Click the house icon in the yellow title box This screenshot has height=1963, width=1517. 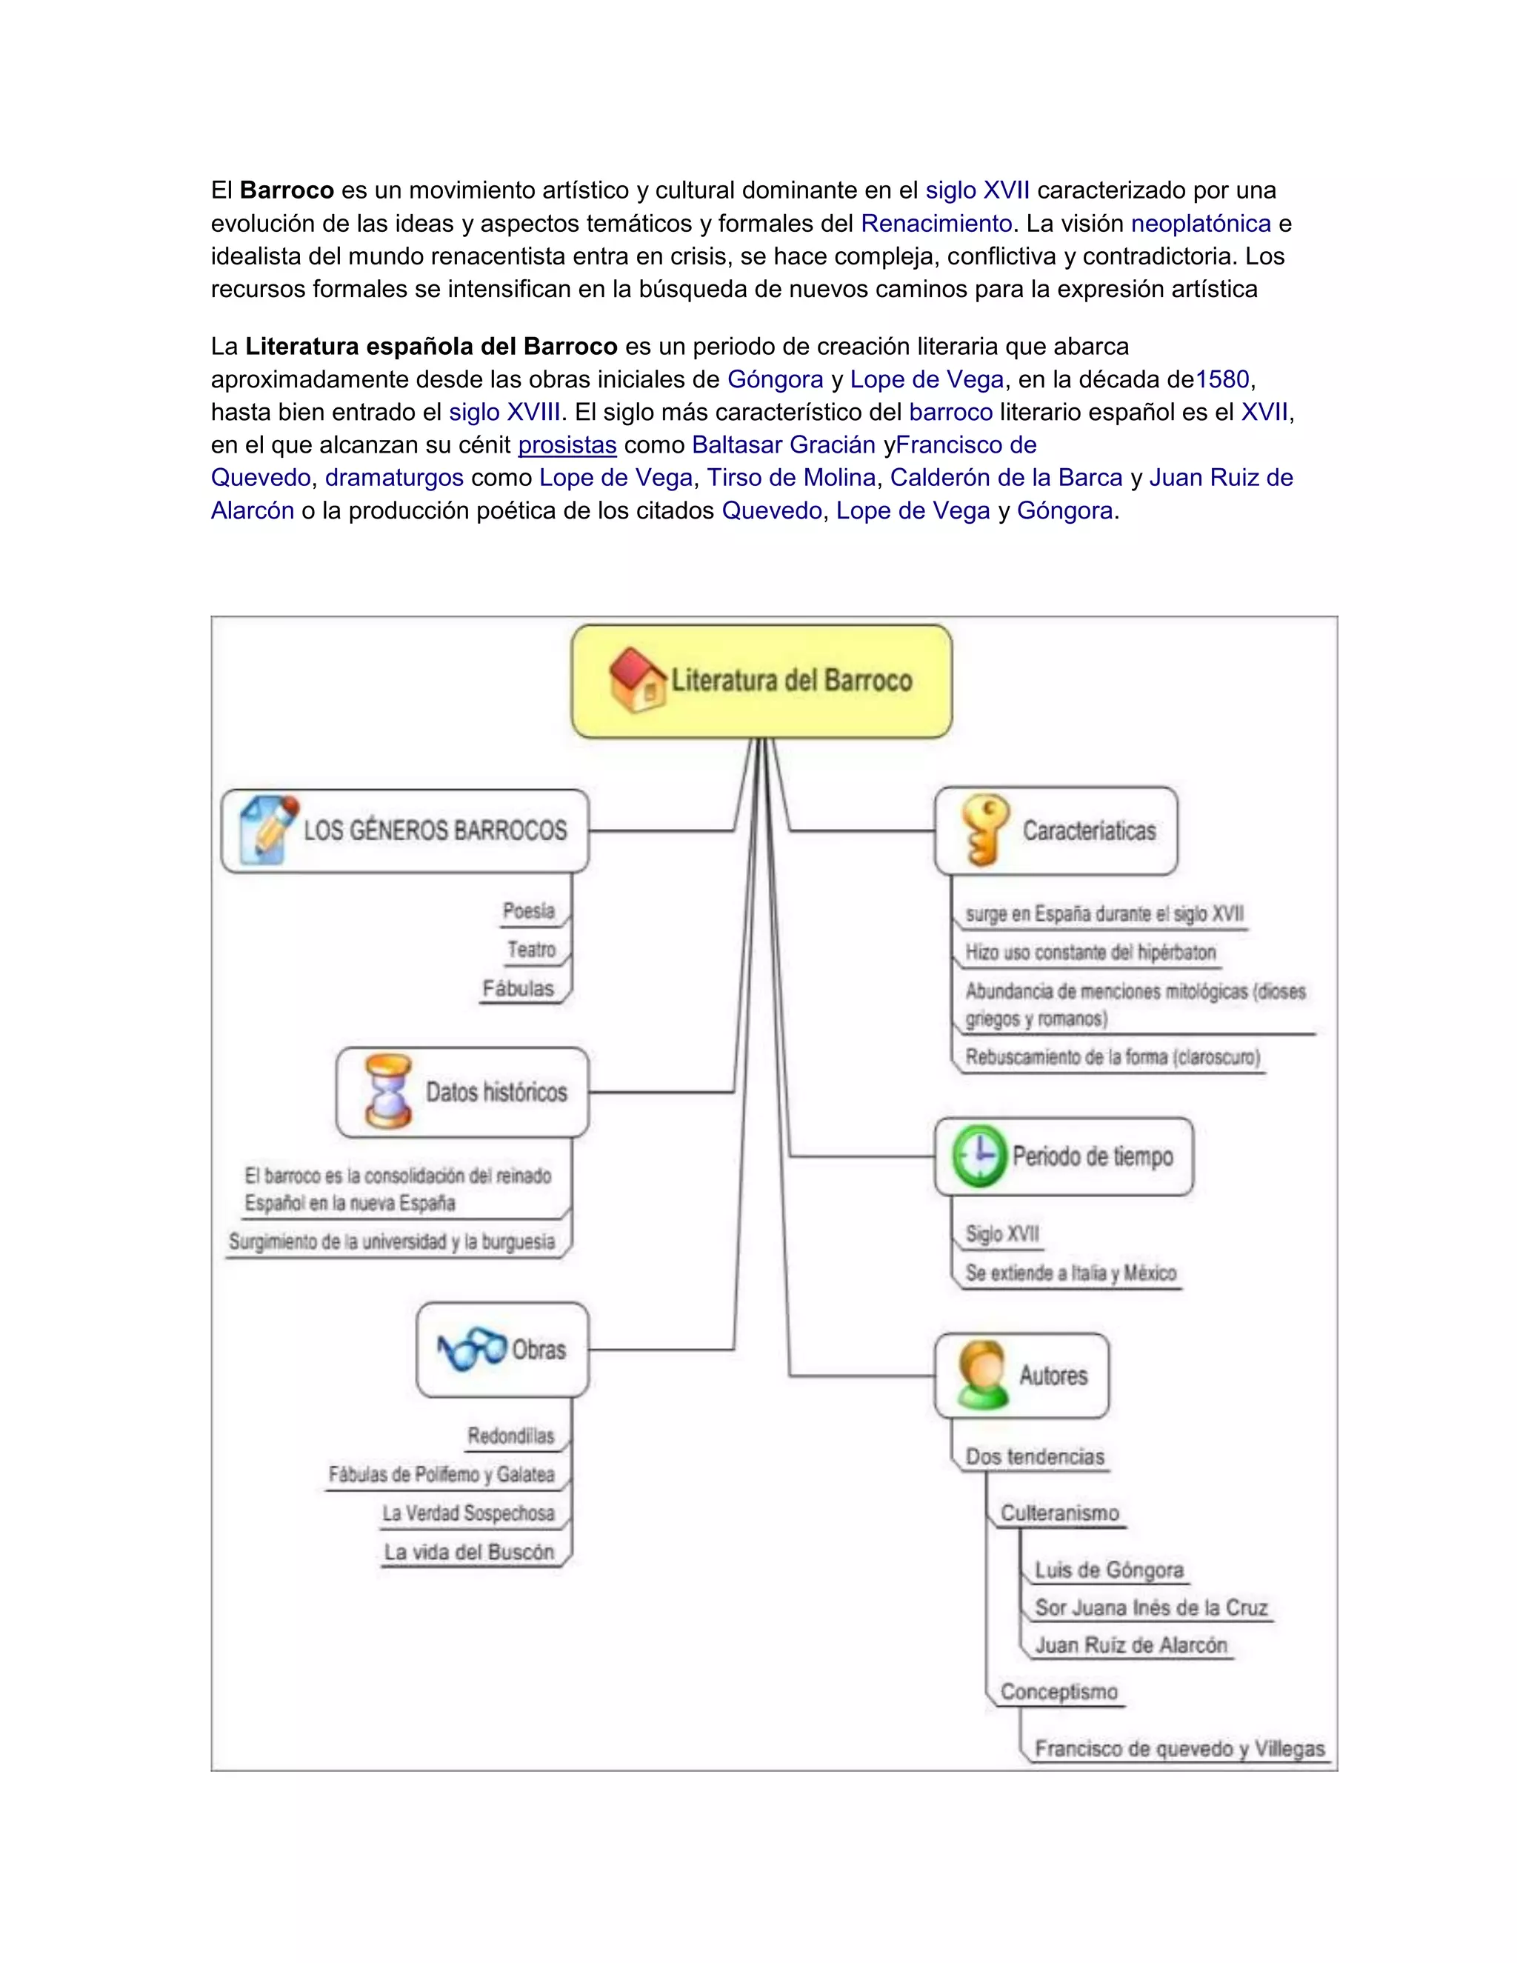[x=636, y=681]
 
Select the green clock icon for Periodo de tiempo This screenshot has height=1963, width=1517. [x=978, y=1155]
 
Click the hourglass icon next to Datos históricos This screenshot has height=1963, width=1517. [x=388, y=1091]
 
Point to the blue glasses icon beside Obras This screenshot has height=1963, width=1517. [x=472, y=1349]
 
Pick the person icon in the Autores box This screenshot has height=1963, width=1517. [x=981, y=1374]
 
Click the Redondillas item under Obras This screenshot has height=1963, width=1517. [x=510, y=1436]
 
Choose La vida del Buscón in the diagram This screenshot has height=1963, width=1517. [x=469, y=1552]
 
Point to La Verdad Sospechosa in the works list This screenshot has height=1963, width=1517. [x=468, y=1513]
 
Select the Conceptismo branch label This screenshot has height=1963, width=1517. [x=1058, y=1692]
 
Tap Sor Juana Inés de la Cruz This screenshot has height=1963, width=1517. [x=1150, y=1607]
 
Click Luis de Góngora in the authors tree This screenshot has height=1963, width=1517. [x=1109, y=1570]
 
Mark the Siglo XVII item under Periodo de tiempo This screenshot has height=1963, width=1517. [x=1002, y=1234]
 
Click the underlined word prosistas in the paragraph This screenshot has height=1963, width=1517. [x=567, y=445]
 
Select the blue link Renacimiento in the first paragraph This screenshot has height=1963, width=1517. [x=936, y=223]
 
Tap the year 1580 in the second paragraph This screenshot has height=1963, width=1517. [x=1222, y=379]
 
